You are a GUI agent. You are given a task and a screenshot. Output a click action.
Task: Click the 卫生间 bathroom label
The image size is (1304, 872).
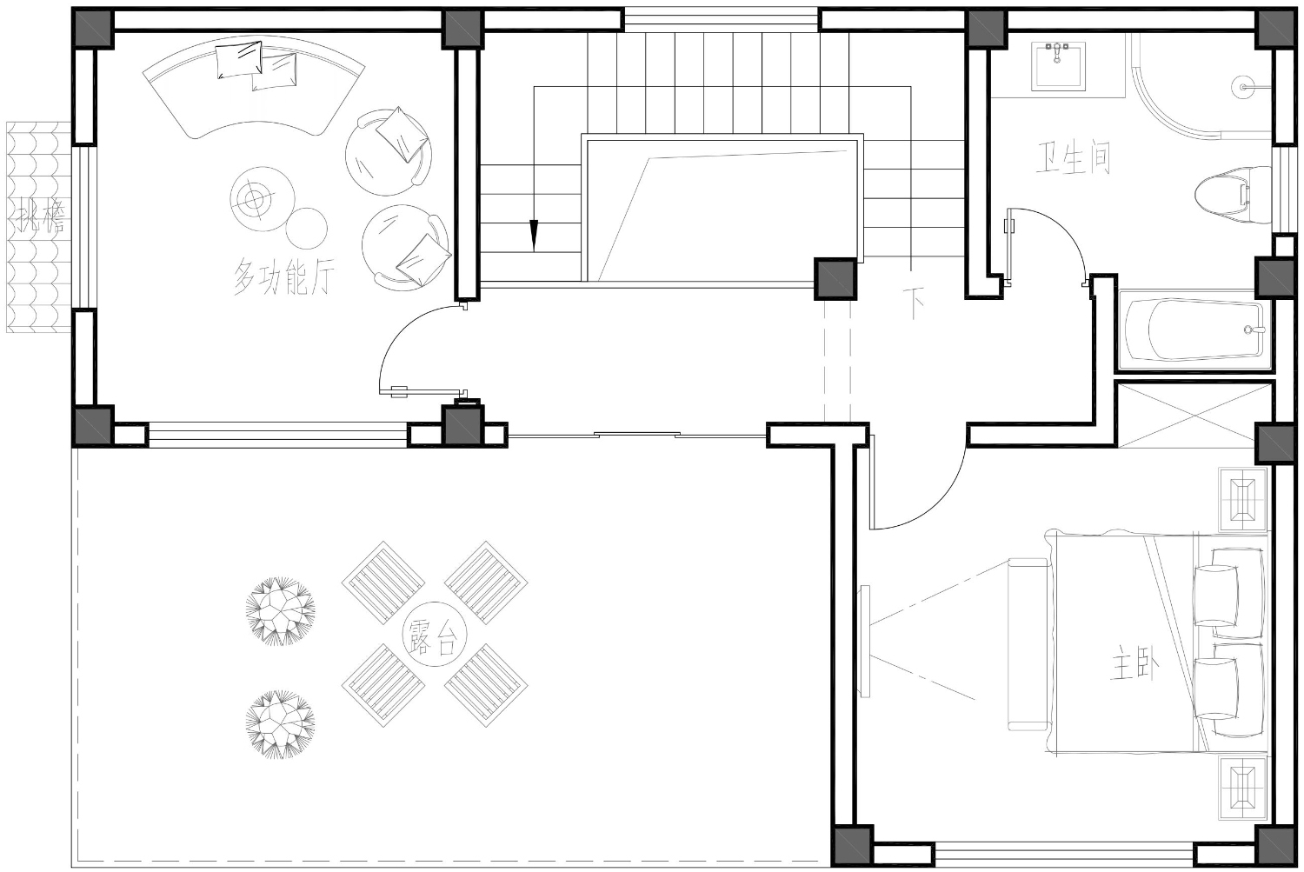[x=1073, y=157]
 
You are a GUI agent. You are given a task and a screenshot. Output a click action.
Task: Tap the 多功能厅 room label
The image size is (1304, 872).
[x=284, y=276]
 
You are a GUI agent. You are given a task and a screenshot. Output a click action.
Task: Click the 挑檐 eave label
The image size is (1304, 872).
[x=38, y=216]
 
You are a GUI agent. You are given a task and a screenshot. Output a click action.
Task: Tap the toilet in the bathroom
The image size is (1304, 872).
[x=1233, y=195]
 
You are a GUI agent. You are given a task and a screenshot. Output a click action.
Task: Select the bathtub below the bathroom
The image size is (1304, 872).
[x=1195, y=330]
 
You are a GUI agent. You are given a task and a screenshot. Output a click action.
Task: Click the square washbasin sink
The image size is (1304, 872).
[x=1058, y=66]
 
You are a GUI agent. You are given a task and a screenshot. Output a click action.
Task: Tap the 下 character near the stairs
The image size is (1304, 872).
[x=914, y=303]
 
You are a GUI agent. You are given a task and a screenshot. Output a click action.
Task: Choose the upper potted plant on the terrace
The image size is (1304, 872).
[x=281, y=611]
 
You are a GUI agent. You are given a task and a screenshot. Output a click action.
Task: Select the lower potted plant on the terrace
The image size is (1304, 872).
[x=281, y=724]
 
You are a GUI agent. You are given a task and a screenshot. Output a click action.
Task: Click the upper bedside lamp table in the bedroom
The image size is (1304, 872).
[x=1244, y=499]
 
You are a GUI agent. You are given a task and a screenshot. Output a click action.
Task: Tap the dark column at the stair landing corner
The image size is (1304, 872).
[x=835, y=279]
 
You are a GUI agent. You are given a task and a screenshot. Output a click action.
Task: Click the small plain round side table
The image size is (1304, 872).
[x=307, y=228]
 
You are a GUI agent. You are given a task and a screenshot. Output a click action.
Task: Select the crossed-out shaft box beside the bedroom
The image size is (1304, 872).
[x=1194, y=415]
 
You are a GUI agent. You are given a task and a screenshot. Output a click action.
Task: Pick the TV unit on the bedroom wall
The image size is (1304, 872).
[x=865, y=641]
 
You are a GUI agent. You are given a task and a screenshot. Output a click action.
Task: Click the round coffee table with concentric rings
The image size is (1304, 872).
[x=253, y=198]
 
